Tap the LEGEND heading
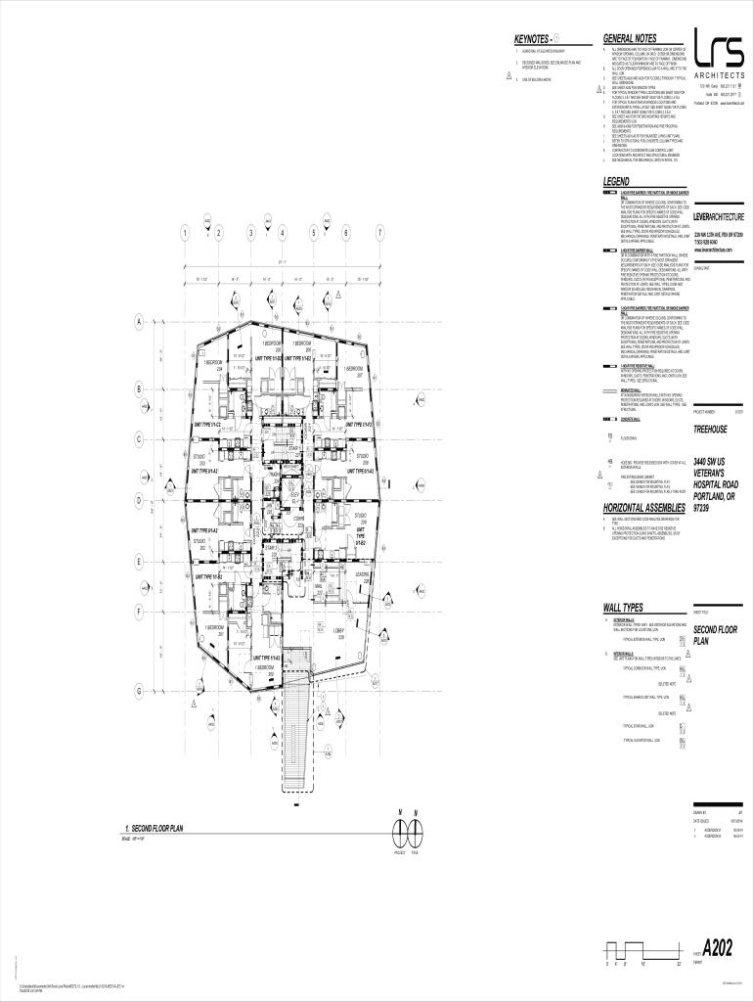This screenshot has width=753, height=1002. [617, 183]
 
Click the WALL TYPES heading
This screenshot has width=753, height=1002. [625, 608]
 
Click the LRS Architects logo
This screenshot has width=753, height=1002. [720, 54]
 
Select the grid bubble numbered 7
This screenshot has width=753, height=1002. [378, 233]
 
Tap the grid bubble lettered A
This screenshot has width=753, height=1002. [139, 322]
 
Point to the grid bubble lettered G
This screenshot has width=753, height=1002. [139, 691]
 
